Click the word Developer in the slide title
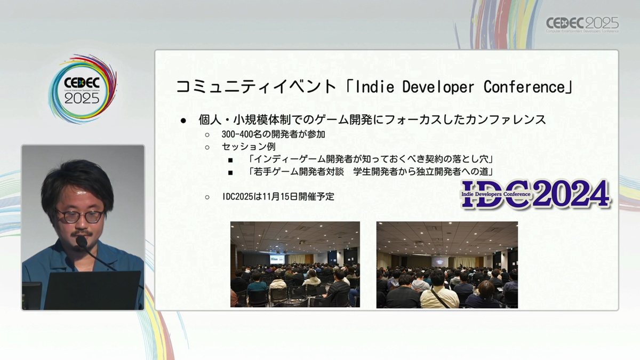pos(438,87)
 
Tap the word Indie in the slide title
pos(374,87)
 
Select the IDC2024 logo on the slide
pos(535,194)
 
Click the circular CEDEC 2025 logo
pos(83,89)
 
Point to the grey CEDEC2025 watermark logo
pos(582,25)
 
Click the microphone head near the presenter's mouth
pos(82,242)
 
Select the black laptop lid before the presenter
pos(93,290)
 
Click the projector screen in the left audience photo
pos(277,259)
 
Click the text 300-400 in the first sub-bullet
pos(237,134)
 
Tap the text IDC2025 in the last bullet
pos(238,197)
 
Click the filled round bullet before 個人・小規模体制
pos(183,121)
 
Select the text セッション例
pos(249,147)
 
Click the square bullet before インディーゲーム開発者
pos(230,160)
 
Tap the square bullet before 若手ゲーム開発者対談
pos(230,173)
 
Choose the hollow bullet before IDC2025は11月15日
pos(207,197)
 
